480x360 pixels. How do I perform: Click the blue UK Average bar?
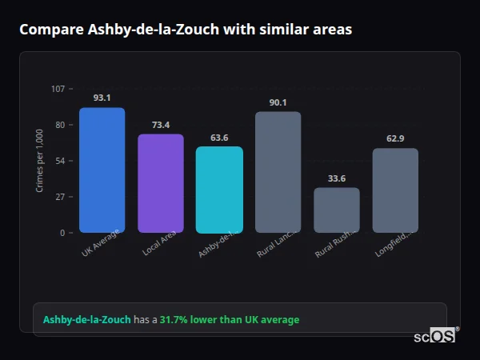(102, 170)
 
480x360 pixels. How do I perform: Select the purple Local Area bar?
(161, 183)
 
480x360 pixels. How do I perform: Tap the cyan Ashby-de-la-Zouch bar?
(219, 190)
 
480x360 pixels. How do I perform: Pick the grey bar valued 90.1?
(278, 172)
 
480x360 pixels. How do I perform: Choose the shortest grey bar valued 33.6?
(337, 210)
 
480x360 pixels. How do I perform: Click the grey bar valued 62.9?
(395, 190)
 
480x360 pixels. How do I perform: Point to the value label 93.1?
(102, 98)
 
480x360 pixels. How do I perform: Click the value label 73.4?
(161, 124)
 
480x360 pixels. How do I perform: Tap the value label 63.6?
(219, 137)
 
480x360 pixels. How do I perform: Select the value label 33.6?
(337, 178)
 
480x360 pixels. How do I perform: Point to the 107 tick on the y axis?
(58, 88)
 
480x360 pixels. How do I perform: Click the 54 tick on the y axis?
(59, 161)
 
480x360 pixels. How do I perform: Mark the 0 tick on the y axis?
(62, 233)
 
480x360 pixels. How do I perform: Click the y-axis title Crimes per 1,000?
(40, 160)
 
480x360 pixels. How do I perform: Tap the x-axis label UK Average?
(100, 243)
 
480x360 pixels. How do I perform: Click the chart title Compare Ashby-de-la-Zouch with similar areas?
(186, 30)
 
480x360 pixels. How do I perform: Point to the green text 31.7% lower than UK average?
(230, 320)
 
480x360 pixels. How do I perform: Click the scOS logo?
(435, 336)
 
